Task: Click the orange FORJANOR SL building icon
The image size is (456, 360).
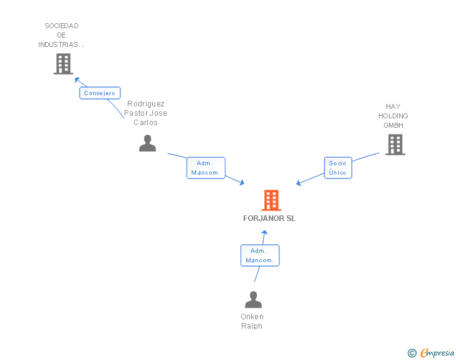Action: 271,200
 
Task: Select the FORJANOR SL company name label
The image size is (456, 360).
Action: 269,219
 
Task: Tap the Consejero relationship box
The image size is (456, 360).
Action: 100,93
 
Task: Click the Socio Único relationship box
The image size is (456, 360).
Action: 338,168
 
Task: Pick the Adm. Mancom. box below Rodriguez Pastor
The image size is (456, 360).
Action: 206,168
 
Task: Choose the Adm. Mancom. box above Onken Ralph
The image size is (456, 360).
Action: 260,255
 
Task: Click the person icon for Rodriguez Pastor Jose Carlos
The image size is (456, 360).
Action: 147,143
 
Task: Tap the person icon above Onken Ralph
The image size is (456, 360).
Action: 253,299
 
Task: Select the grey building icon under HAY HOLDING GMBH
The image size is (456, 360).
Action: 395,145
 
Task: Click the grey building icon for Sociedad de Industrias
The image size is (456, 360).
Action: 63,64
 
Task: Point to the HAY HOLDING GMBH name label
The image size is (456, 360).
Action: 393,116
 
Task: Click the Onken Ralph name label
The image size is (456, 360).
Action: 252,321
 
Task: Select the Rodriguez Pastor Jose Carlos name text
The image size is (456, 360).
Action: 145,113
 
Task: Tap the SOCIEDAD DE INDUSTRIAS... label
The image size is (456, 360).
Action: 61,35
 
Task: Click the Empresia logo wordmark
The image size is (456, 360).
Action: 437,352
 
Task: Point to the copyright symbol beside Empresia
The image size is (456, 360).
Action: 412,353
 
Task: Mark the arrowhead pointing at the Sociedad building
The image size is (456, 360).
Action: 77,80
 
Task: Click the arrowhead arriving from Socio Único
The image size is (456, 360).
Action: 298,183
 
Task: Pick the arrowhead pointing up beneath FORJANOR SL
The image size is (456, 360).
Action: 264,233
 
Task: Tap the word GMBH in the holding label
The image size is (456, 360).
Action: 393,125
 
